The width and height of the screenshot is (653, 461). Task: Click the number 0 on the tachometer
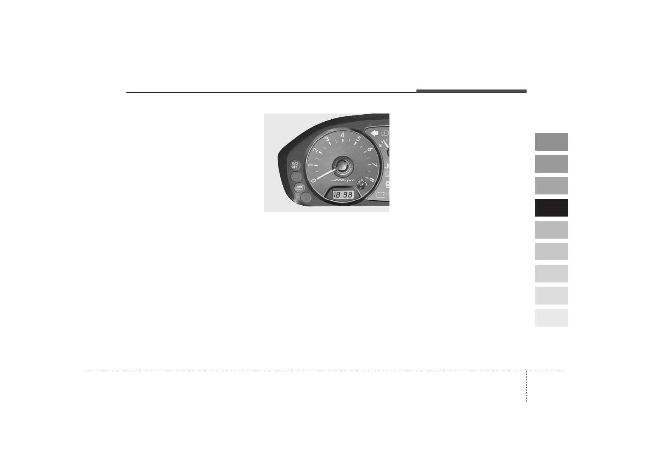pos(314,181)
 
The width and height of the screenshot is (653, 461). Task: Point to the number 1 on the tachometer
pos(311,165)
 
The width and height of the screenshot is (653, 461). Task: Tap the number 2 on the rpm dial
pos(315,150)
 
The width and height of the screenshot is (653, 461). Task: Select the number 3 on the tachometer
pos(327,139)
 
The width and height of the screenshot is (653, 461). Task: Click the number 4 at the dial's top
pos(342,135)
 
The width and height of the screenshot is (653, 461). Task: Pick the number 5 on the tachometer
pos(359,139)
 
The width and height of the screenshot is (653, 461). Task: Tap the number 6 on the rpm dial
pos(370,150)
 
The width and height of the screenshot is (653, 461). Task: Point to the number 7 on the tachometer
pos(375,165)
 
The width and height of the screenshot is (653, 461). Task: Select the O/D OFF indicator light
pos(295,165)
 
